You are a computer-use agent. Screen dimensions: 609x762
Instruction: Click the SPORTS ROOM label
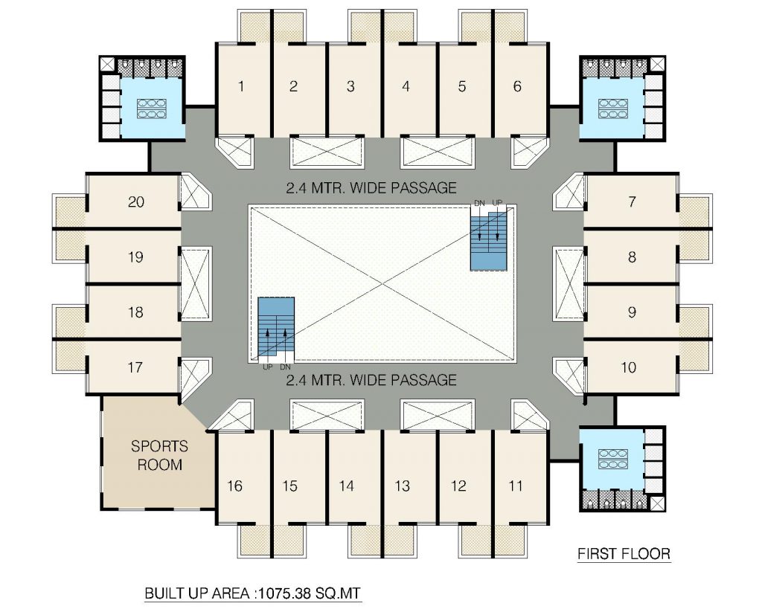(x=159, y=455)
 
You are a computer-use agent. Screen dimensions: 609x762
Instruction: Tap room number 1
(x=240, y=86)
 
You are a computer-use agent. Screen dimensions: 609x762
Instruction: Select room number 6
(x=517, y=86)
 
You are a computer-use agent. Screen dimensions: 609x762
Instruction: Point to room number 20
(x=136, y=202)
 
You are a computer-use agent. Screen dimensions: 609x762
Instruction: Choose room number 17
(x=135, y=367)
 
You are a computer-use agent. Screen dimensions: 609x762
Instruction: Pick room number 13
(x=402, y=486)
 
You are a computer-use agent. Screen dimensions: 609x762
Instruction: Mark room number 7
(x=632, y=202)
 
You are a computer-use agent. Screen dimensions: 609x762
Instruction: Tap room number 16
(x=235, y=486)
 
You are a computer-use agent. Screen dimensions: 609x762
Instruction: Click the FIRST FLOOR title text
(x=624, y=554)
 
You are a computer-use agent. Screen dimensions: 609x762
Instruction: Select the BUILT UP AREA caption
(x=253, y=594)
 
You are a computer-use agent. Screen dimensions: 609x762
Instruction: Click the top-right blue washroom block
(x=611, y=108)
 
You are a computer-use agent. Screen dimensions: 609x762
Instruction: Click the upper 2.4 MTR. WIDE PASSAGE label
(x=371, y=188)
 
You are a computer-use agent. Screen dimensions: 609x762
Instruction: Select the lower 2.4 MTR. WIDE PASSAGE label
(x=371, y=381)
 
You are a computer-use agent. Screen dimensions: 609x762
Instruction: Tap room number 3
(x=350, y=86)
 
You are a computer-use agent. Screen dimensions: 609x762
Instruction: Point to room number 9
(x=632, y=312)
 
